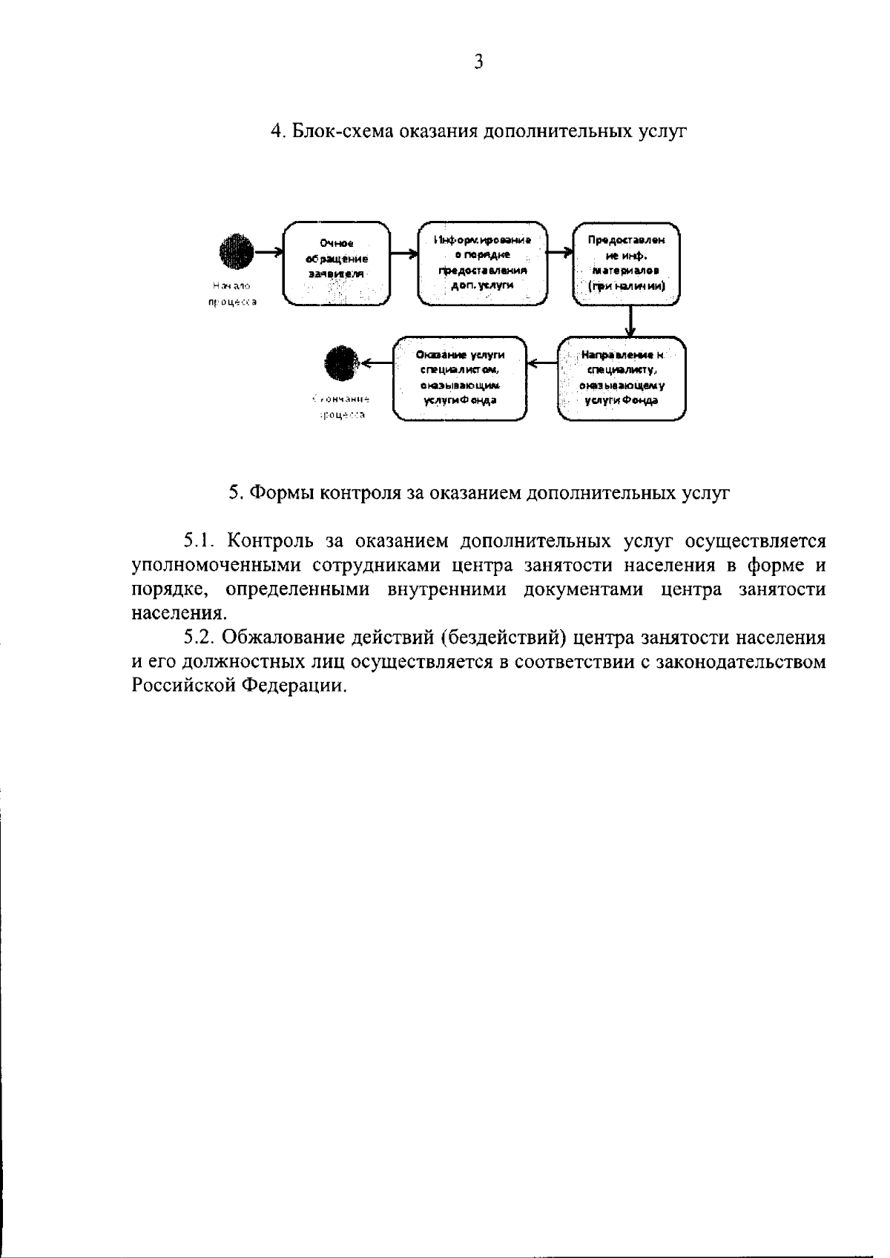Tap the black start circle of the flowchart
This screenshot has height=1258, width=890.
click(x=237, y=252)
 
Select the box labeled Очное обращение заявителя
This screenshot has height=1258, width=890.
click(x=337, y=262)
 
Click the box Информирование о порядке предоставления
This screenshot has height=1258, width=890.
click(x=482, y=262)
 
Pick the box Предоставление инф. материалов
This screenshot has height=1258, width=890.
click(x=627, y=262)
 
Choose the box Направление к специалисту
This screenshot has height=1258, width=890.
click(x=622, y=379)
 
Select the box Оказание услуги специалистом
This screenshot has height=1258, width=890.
click(x=460, y=379)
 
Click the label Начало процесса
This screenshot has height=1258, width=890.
click(x=232, y=294)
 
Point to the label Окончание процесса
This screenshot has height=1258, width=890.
click(x=342, y=407)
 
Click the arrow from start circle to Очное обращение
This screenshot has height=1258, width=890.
click(x=268, y=252)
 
